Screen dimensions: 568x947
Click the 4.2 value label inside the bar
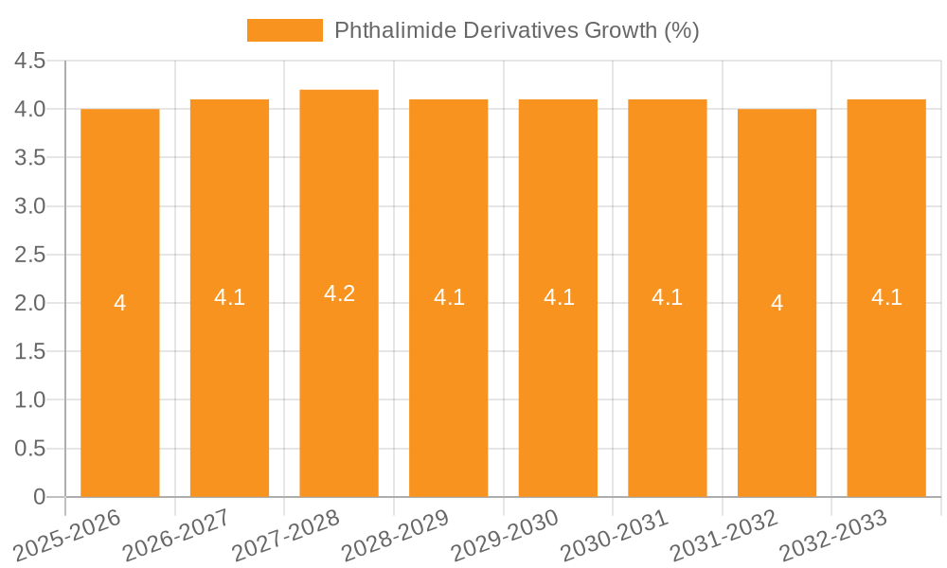coord(339,293)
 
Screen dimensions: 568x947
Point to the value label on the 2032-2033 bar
coord(886,297)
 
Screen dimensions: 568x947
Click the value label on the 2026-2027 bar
coord(229,297)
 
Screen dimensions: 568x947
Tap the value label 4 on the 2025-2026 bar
coord(120,304)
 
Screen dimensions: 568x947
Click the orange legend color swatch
coord(284,30)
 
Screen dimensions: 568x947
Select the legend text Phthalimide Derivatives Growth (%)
coord(516,30)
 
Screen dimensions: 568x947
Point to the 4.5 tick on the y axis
coord(30,62)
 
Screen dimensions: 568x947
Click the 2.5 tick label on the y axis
coord(30,255)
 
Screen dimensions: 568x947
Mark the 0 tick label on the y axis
coord(39,497)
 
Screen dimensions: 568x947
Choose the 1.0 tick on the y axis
coord(30,400)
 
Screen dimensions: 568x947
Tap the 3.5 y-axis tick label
coord(30,158)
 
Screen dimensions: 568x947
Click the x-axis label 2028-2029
coord(395,536)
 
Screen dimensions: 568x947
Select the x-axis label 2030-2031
coord(614,536)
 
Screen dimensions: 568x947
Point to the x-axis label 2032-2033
coord(832,536)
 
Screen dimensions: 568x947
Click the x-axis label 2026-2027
coord(176,536)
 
